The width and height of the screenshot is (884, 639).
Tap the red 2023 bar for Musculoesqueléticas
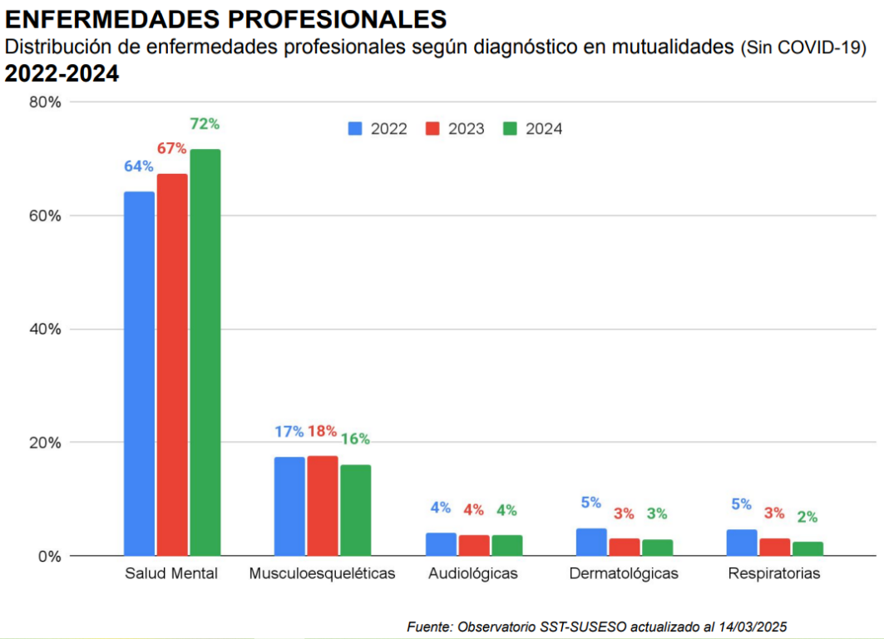(323, 505)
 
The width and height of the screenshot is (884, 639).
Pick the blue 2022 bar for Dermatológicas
(591, 542)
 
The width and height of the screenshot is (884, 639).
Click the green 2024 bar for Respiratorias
(807, 548)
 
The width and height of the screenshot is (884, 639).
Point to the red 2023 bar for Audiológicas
(474, 545)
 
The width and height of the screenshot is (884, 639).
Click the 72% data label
(205, 124)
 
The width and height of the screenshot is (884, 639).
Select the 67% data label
(171, 148)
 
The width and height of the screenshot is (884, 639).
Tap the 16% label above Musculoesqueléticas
(355, 438)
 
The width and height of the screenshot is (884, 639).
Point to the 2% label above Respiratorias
(807, 517)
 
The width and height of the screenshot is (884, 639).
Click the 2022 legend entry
(378, 129)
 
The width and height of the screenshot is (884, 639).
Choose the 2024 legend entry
(533, 129)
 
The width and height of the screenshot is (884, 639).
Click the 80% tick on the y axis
(45, 102)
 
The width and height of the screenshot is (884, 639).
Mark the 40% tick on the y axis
(45, 329)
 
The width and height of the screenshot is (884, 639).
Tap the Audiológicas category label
(472, 573)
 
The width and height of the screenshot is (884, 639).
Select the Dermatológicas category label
(624, 573)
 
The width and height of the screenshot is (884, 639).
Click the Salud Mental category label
(171, 573)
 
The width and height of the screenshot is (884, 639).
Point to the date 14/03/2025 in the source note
(753, 626)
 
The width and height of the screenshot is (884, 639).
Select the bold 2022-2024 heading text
(62, 74)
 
